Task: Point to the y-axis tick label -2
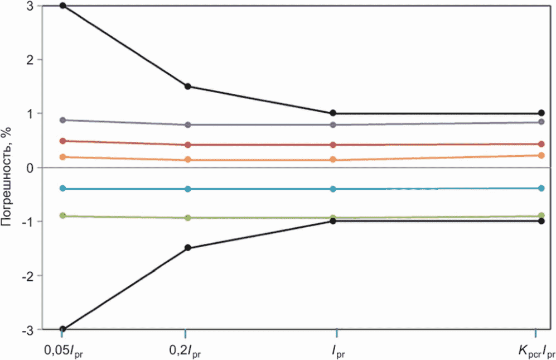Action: [x=28, y=276]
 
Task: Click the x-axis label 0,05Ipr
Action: [x=64, y=352]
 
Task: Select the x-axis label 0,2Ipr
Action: [x=185, y=352]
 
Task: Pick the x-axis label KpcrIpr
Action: [x=536, y=352]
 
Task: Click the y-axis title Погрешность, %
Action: [x=6, y=176]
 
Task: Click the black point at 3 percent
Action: [x=63, y=6]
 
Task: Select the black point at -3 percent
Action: [x=63, y=329]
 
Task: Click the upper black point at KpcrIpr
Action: [x=541, y=113]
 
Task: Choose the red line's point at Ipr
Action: [x=333, y=145]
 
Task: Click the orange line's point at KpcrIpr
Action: [x=541, y=155]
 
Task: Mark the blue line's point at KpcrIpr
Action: [x=541, y=188]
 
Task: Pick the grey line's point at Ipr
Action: [x=333, y=124]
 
